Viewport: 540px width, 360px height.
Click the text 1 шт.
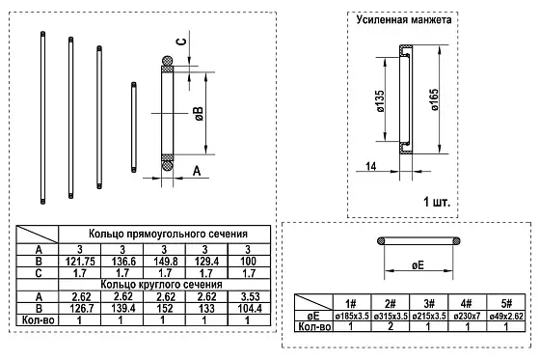pyautogui.click(x=439, y=203)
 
